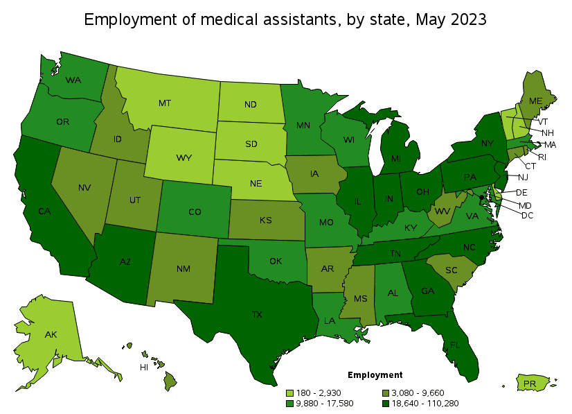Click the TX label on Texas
pyautogui.click(x=257, y=314)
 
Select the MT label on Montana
pyautogui.click(x=164, y=103)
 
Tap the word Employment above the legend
pyautogui.click(x=375, y=375)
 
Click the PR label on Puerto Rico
pyautogui.click(x=530, y=383)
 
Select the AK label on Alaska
pyautogui.click(x=51, y=334)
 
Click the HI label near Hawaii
pyautogui.click(x=144, y=367)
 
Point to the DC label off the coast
pyautogui.click(x=527, y=216)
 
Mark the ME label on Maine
pyautogui.click(x=535, y=101)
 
